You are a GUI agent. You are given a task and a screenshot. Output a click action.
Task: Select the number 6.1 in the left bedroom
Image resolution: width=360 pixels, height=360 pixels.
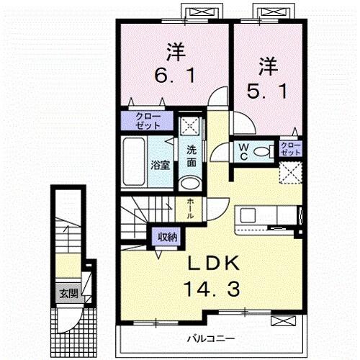point(176,74)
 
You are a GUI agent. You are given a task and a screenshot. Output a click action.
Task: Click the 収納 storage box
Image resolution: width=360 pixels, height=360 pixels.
point(165,235)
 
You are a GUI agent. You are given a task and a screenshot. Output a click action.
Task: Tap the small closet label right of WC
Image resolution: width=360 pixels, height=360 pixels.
point(291,150)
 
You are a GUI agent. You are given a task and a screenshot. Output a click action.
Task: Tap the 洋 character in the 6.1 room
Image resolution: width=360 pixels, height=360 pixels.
point(176,52)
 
